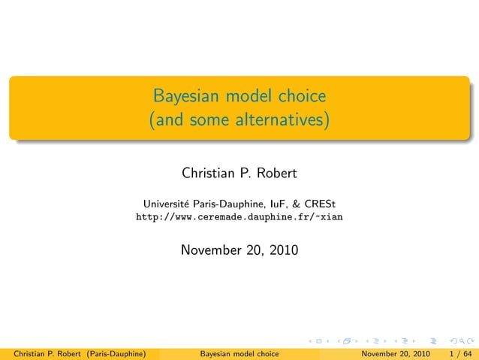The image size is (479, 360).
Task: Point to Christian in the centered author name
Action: [207, 174]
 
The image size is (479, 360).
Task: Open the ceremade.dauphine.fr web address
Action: [239, 217]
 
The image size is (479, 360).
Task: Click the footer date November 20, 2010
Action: [396, 353]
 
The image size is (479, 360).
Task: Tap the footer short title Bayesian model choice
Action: [239, 353]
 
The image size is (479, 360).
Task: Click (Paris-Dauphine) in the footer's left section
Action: [115, 353]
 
